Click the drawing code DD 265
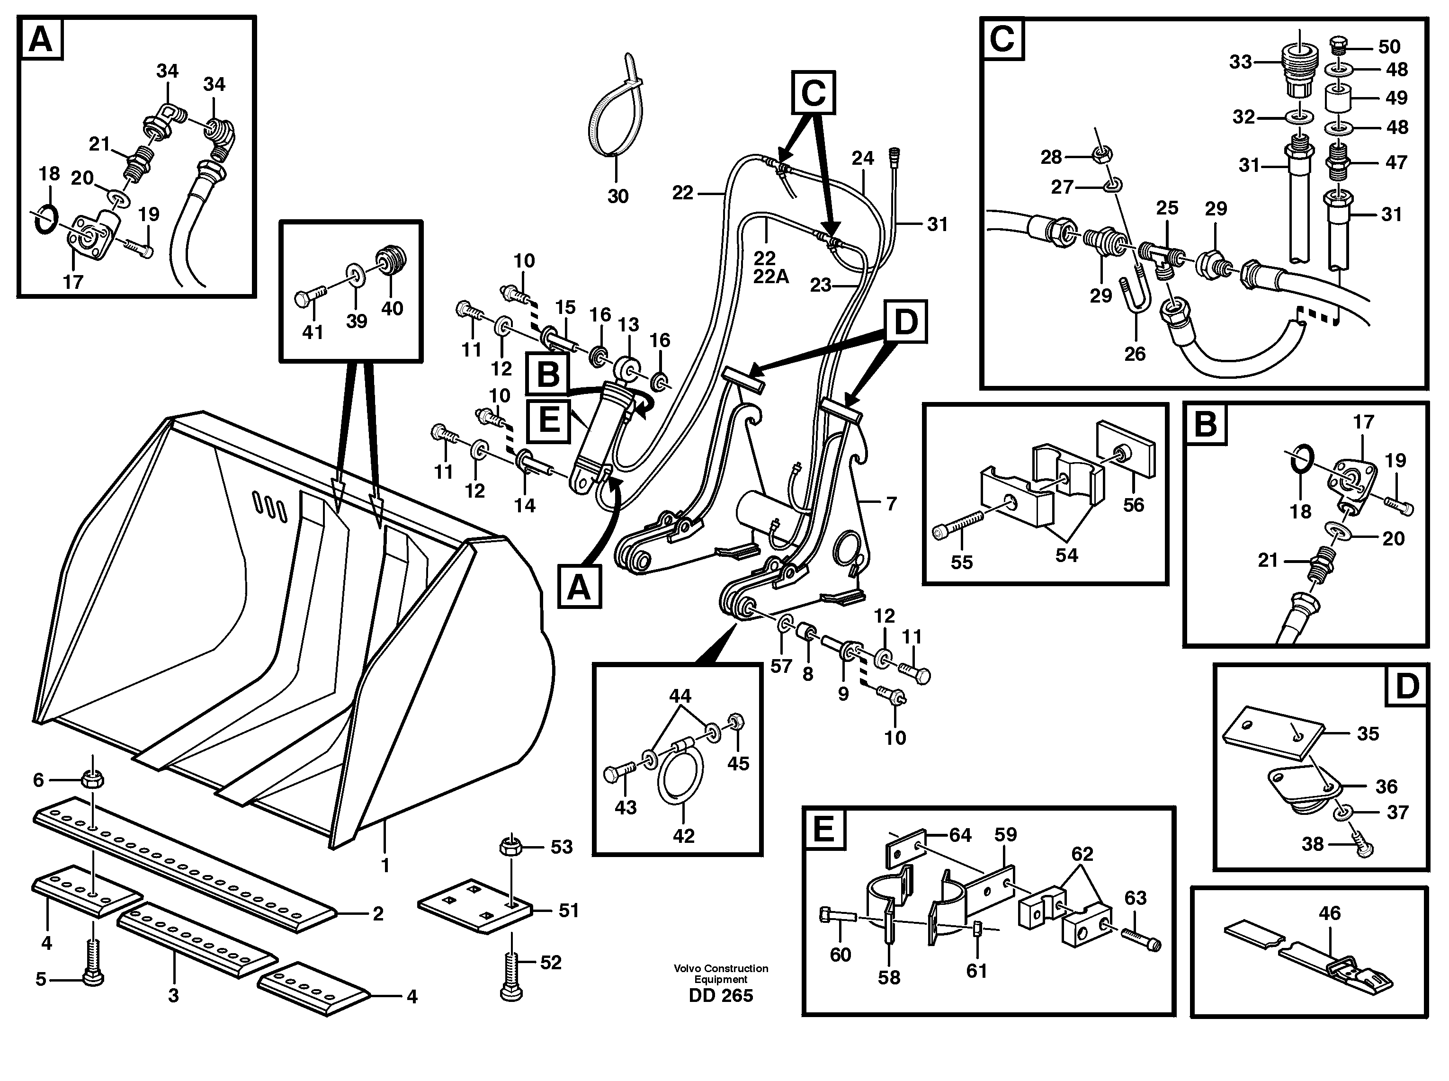[x=721, y=995]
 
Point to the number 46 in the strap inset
[x=1329, y=913]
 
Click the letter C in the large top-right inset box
[x=1002, y=39]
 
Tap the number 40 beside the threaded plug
[x=392, y=308]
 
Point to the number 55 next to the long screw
[x=961, y=562]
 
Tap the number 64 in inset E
[x=960, y=835]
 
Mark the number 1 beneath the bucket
[x=385, y=866]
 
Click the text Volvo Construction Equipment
[x=721, y=974]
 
